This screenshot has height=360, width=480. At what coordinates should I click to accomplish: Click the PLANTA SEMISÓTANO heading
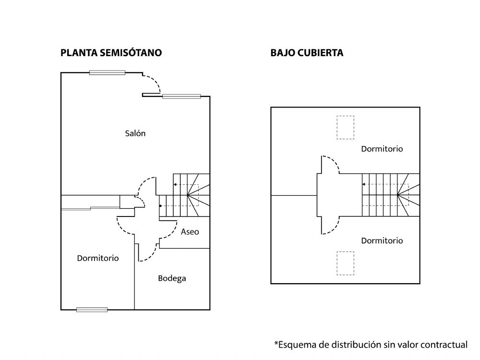pos(111,53)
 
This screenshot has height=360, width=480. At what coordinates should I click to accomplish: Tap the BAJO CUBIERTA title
pos(307,53)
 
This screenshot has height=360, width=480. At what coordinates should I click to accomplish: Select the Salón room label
pos(135,133)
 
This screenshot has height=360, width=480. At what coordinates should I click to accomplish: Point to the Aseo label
pos(190,232)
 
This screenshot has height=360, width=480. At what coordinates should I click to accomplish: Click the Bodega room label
pos(172,278)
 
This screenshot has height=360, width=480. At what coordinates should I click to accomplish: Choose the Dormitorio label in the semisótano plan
pos(97,258)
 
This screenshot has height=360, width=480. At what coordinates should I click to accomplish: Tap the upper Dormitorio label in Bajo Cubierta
pos(382,149)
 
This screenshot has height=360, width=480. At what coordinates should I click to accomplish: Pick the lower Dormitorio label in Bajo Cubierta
pos(382,240)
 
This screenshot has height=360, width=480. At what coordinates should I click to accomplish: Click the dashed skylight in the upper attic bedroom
pos(345,127)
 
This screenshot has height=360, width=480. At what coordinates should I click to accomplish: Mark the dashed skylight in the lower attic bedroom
pos(345,263)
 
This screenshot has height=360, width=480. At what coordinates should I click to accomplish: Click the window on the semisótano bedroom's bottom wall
pos(92,310)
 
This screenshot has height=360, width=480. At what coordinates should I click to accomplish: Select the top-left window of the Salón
pos(107,72)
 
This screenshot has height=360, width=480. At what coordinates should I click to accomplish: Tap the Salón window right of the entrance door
pos(181,96)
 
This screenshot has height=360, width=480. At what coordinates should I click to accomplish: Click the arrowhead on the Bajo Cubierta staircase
pos(364,184)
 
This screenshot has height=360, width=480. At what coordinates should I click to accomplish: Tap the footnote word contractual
pos(444,345)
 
